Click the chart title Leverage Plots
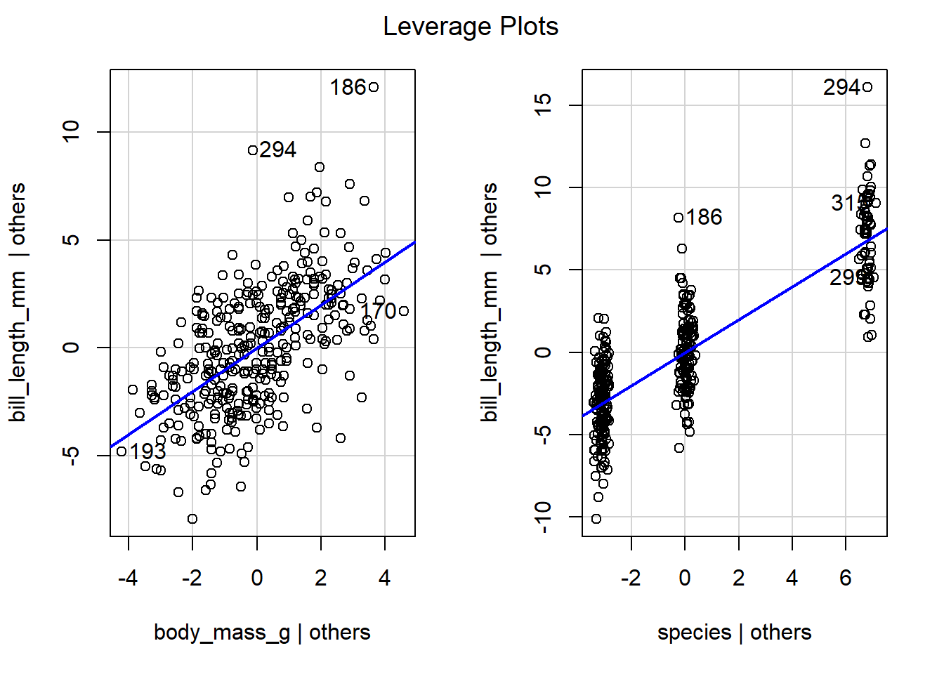471,27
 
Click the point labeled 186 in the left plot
374,87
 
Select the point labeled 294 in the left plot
253,150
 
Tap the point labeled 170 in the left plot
403,311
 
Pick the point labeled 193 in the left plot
122,451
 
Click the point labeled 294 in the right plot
867,87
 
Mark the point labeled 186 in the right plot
678,218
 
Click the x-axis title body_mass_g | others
262,633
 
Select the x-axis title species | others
734,633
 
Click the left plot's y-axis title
18,303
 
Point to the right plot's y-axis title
490,303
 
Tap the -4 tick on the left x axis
128,578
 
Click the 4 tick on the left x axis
385,578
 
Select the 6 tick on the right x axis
846,578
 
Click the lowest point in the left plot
192,519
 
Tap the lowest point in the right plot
596,519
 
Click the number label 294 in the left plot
278,150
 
